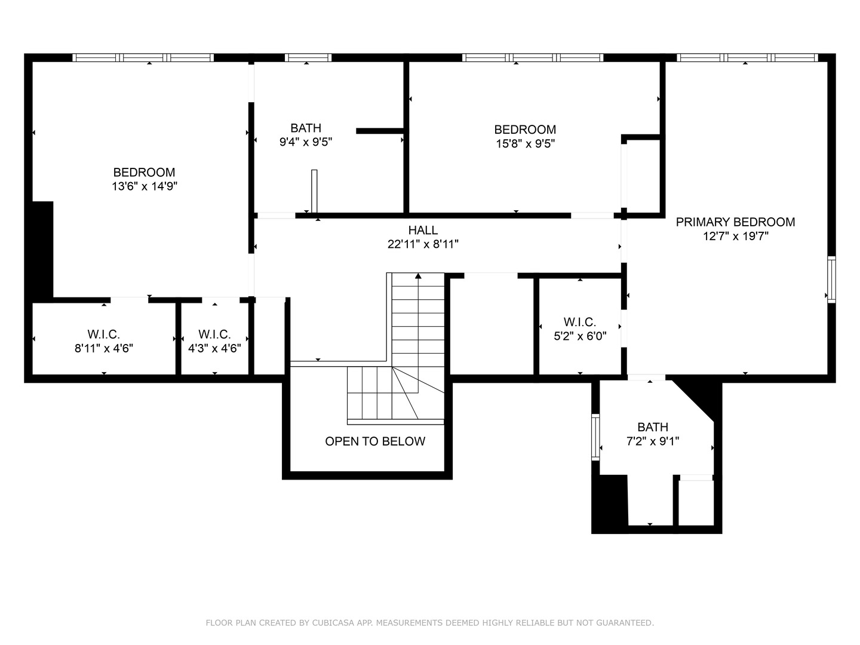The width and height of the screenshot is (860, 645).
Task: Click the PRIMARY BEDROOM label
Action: click(735, 222)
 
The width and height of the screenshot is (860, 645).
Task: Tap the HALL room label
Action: click(423, 230)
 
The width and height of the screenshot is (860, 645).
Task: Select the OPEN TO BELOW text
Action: click(375, 441)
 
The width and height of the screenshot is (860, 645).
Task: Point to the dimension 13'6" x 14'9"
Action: click(145, 186)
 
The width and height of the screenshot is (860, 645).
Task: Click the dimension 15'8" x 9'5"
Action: click(526, 144)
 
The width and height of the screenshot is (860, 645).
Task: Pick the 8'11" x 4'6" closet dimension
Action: click(104, 348)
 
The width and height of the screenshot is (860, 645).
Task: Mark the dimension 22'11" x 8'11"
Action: click(423, 244)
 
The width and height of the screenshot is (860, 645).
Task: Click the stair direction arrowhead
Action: click(418, 276)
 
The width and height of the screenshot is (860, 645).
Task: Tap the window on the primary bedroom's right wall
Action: click(831, 279)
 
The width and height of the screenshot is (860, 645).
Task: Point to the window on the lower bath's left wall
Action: click(595, 437)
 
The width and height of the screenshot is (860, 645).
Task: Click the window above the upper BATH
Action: click(308, 57)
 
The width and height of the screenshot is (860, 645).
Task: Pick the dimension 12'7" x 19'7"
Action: click(735, 236)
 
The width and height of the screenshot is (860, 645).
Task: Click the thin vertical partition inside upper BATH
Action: click(314, 191)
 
